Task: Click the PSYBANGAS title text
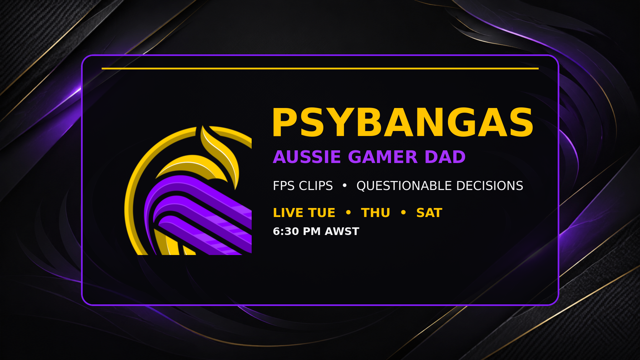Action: [x=403, y=122]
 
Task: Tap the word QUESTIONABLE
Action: [x=404, y=186]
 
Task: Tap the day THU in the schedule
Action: [x=375, y=213]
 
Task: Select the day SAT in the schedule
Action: [x=429, y=213]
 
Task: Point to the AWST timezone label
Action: [x=342, y=231]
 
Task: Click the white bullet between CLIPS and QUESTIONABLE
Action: [x=345, y=185]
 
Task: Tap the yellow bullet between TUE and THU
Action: [x=348, y=212]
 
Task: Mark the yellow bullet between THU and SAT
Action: [x=403, y=212]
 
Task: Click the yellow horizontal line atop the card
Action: [x=320, y=68]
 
